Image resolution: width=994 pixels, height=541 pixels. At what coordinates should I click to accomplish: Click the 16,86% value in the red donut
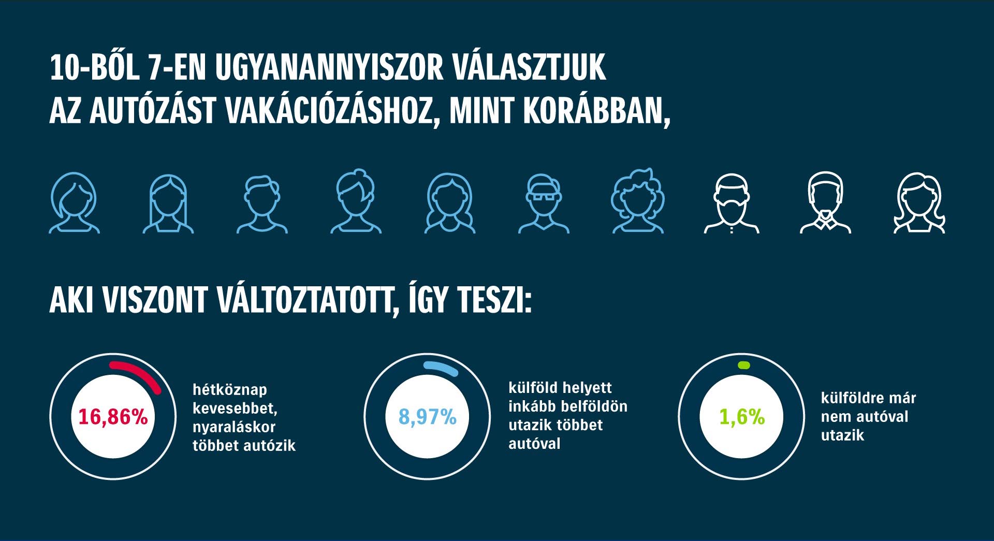(x=113, y=417)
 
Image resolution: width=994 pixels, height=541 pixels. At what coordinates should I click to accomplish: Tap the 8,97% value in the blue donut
(x=427, y=417)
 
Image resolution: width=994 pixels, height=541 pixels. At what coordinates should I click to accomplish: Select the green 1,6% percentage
(x=742, y=417)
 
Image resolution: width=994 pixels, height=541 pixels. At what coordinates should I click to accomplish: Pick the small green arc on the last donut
(x=743, y=365)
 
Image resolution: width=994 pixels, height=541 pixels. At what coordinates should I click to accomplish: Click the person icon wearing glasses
(x=544, y=203)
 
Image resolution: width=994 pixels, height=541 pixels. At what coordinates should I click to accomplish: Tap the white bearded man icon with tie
(x=825, y=203)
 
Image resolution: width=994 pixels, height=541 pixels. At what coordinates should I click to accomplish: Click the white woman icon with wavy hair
(x=919, y=203)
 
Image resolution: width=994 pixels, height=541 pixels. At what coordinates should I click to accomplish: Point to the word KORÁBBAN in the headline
(x=597, y=111)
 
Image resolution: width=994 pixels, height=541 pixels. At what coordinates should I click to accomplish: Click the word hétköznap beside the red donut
(x=230, y=390)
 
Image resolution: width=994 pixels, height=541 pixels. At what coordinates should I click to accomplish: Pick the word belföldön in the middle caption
(x=598, y=406)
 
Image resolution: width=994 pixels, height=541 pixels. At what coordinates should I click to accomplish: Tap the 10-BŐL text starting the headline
(x=94, y=68)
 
